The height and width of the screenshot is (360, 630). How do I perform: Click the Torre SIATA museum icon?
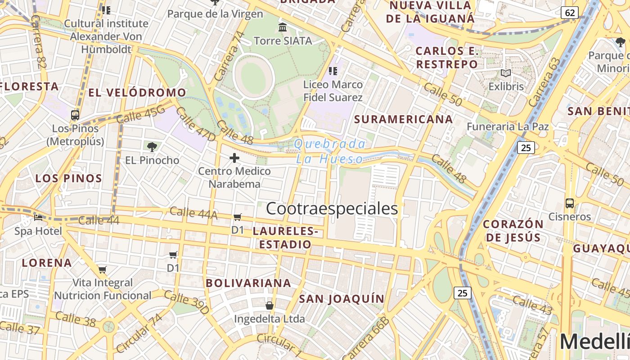point(283,27)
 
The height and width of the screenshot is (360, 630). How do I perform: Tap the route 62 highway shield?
point(570,13)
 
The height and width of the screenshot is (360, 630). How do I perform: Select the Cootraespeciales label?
point(332,209)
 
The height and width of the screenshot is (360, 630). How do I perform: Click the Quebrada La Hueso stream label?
point(330,151)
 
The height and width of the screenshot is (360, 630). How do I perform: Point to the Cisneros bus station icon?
point(570,203)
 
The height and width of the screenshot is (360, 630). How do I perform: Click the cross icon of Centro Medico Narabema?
point(234,158)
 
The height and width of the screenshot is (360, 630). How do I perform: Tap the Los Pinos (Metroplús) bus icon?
point(75,115)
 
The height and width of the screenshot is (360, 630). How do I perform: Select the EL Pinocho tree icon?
point(152,147)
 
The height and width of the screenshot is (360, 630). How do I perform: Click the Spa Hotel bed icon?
point(38,218)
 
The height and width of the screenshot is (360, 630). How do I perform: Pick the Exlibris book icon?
point(506,73)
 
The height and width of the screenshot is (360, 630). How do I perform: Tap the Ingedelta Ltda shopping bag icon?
point(270,306)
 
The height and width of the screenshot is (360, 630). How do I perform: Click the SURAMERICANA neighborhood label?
point(403,119)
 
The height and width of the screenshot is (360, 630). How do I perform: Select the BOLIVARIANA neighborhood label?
point(248,283)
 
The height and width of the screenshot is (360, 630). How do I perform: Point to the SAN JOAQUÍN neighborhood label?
point(342,299)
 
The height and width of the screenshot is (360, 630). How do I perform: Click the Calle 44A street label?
point(193,213)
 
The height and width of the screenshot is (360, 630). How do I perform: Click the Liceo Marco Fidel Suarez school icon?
point(333,71)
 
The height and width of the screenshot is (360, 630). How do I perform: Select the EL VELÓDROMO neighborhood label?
point(137,93)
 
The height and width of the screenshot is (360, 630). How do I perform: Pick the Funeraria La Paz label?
point(508,126)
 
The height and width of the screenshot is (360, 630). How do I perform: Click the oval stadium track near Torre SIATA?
point(254,77)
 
